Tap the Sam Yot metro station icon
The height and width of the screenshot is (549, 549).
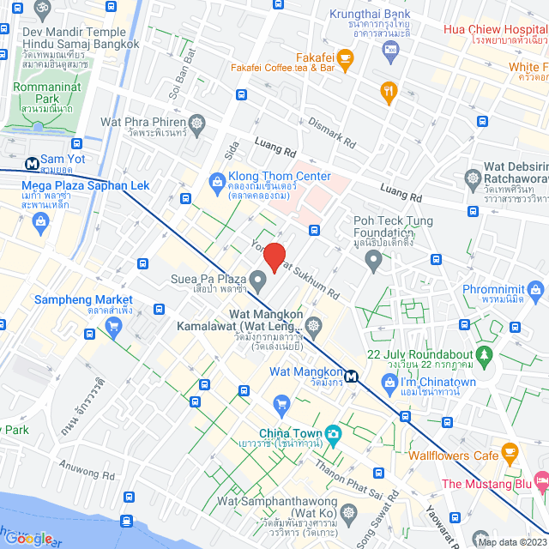(x=31, y=160)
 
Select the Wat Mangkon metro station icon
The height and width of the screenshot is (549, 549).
(x=351, y=376)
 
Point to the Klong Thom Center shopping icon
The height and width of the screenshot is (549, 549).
(x=218, y=181)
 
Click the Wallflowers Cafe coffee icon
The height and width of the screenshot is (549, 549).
(x=510, y=450)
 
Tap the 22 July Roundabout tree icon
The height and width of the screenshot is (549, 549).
(x=485, y=353)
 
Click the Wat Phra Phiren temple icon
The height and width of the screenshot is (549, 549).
(x=197, y=124)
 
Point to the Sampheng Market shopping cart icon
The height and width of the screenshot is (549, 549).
(x=113, y=325)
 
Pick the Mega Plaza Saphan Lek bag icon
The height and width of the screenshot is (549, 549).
(x=40, y=222)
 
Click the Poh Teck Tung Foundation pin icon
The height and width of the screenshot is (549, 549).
(x=372, y=262)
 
